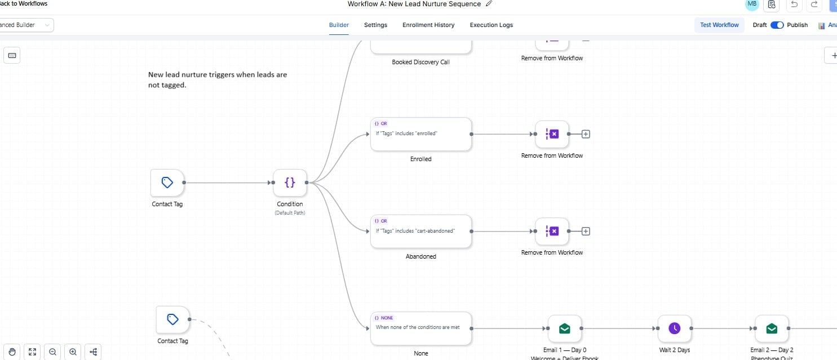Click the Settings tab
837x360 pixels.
pyautogui.click(x=375, y=25)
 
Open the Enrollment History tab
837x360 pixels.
pyautogui.click(x=428, y=25)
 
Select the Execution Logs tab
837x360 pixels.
pyautogui.click(x=491, y=25)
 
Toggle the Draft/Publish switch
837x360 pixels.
pyautogui.click(x=777, y=25)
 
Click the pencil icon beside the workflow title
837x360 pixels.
pyautogui.click(x=489, y=4)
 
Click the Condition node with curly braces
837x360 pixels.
pyautogui.click(x=290, y=183)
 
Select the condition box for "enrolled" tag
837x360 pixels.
pyautogui.click(x=420, y=134)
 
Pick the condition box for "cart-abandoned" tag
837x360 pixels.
pyautogui.click(x=420, y=231)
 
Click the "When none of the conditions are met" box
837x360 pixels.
pyautogui.click(x=420, y=328)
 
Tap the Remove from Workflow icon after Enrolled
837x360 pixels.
pyautogui.click(x=552, y=134)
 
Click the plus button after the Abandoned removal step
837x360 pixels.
pyautogui.click(x=586, y=231)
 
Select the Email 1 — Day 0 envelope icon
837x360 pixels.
pyautogui.click(x=564, y=328)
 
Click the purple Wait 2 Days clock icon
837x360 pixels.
pyautogui.click(x=675, y=328)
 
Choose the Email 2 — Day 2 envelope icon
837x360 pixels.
pyautogui.click(x=772, y=328)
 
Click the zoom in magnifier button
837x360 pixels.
pyautogui.click(x=73, y=352)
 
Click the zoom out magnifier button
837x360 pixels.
pyautogui.click(x=52, y=352)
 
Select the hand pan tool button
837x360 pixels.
pyautogui.click(x=12, y=352)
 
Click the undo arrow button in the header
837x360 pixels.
pyautogui.click(x=794, y=5)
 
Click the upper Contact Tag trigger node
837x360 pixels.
pyautogui.click(x=167, y=183)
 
